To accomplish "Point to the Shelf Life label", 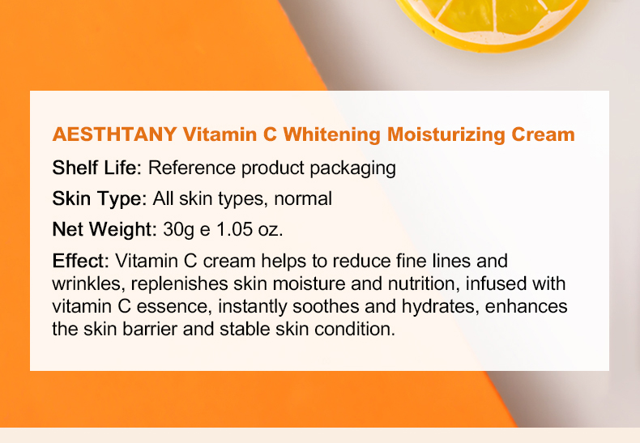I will tap(96, 168).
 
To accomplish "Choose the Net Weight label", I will tap(104, 229).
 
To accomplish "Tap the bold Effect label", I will tap(79, 262).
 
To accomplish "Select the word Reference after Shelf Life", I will tap(185, 168).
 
